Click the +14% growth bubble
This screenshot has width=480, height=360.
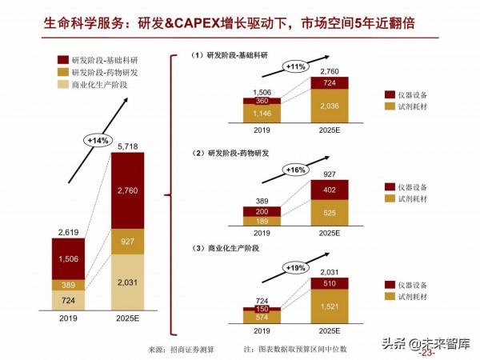97,140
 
